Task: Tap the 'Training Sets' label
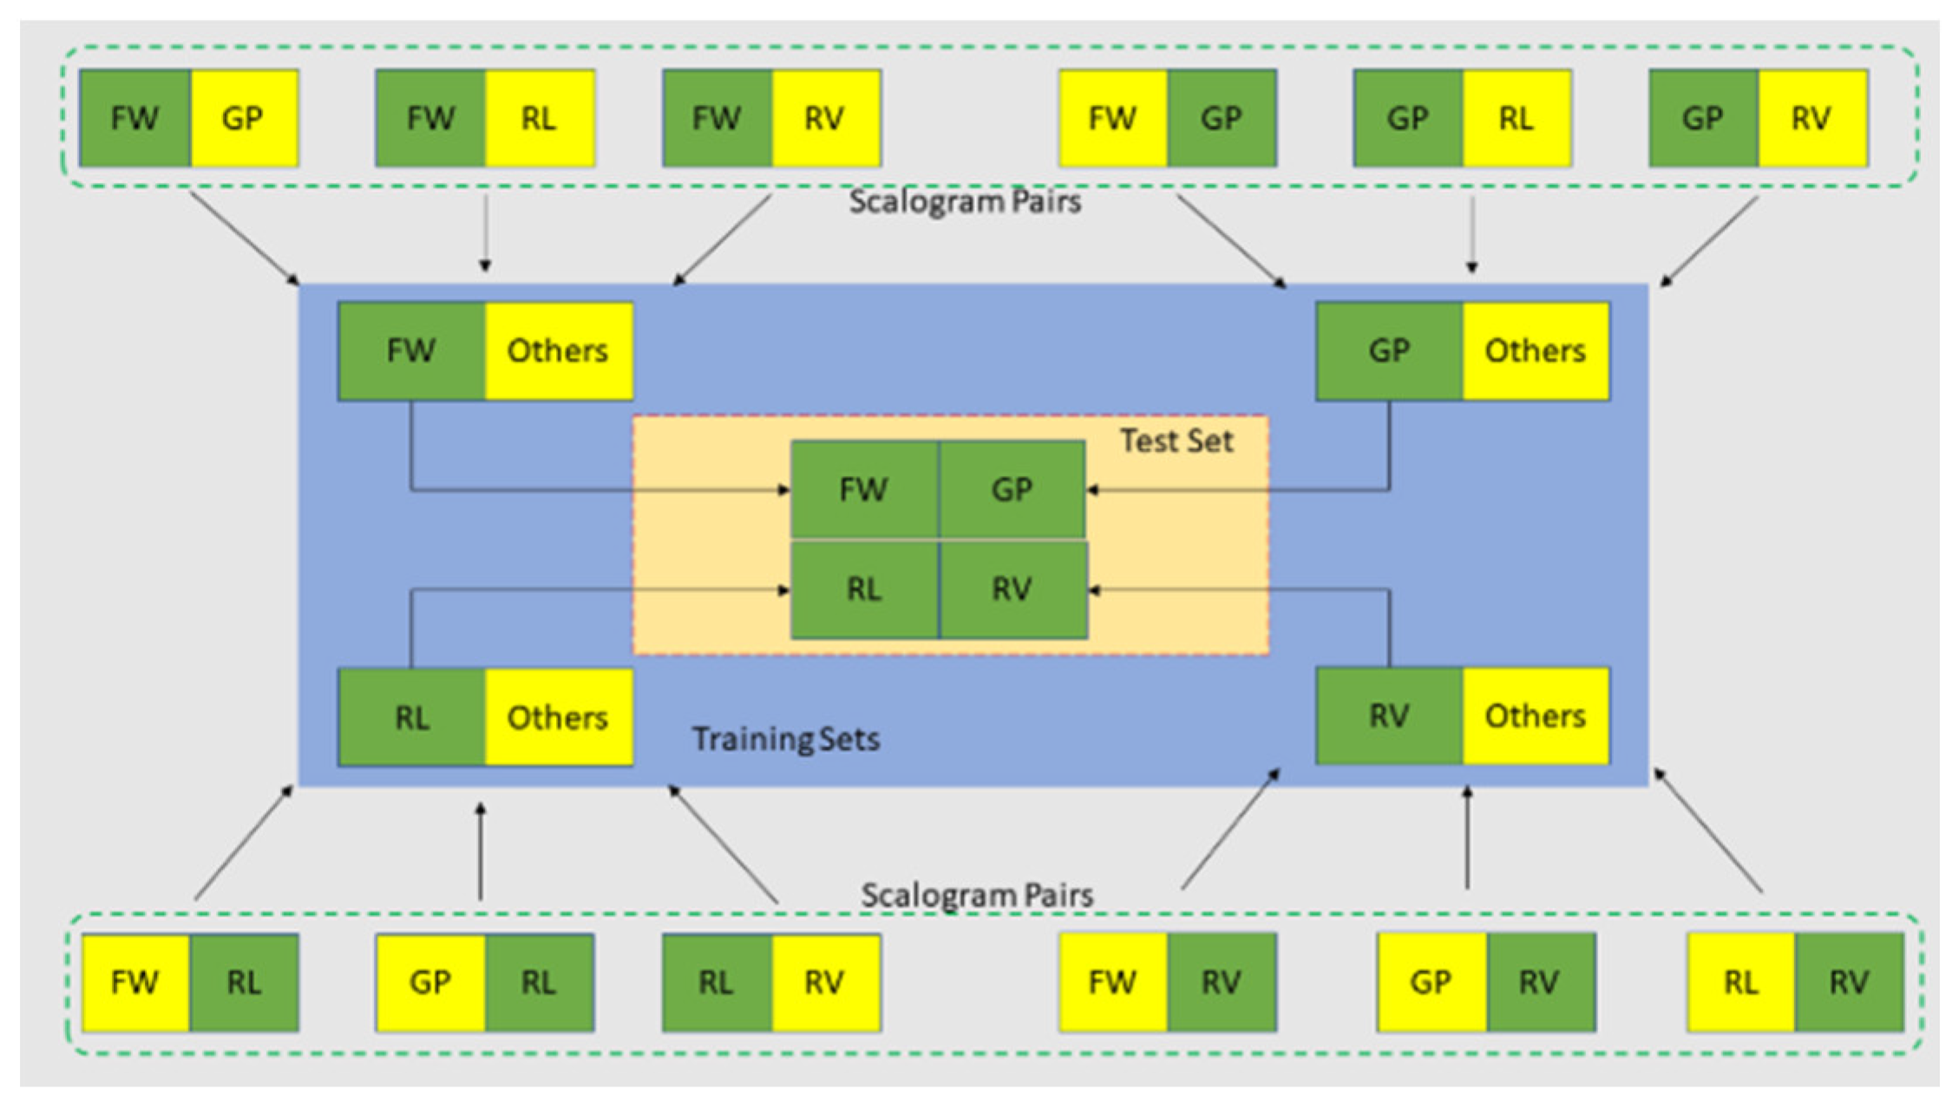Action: coord(785,739)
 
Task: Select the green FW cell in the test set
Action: coord(864,490)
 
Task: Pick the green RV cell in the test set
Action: coord(1012,590)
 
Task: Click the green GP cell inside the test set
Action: coord(1012,490)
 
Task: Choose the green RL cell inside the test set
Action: coord(864,590)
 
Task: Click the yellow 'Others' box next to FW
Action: coord(558,351)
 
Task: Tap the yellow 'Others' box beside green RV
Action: coord(1535,716)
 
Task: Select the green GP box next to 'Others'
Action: coord(1389,351)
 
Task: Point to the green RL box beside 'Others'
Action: coord(411,718)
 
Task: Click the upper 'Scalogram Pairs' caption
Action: coord(965,202)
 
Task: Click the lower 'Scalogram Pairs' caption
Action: coord(977,895)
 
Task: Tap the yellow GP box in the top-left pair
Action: coord(243,119)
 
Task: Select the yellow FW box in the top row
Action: coord(1113,119)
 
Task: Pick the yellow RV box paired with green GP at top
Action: coord(1812,119)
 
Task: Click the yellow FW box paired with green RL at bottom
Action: coord(135,982)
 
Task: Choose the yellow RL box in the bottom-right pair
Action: coord(1740,982)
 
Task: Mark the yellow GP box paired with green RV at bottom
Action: coord(1431,982)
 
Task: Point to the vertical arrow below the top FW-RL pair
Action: coord(485,232)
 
